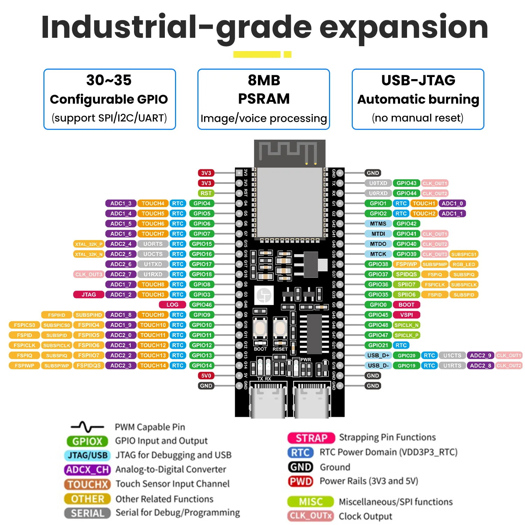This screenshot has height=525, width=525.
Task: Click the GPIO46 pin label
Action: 202,304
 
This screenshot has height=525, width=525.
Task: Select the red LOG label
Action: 172,304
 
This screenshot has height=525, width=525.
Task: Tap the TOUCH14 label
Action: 153,365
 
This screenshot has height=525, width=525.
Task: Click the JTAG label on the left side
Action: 89,294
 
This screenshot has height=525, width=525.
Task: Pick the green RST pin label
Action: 206,193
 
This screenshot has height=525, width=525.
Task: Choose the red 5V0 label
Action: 206,376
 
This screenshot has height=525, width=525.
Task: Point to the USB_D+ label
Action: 378,355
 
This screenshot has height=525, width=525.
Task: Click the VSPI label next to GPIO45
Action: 406,315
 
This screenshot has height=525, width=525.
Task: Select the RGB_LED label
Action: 464,264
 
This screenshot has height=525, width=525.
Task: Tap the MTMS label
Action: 378,223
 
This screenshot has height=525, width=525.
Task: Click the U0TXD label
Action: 378,183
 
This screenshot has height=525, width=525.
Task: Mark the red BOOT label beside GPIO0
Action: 406,304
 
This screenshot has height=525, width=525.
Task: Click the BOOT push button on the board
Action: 260,328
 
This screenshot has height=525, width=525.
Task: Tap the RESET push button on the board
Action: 280,328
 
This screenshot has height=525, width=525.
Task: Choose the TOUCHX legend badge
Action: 87,484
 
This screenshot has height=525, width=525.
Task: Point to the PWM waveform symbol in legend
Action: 87,427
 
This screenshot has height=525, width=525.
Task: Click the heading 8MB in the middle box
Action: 264,80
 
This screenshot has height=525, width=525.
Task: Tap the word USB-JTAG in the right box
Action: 418,80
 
